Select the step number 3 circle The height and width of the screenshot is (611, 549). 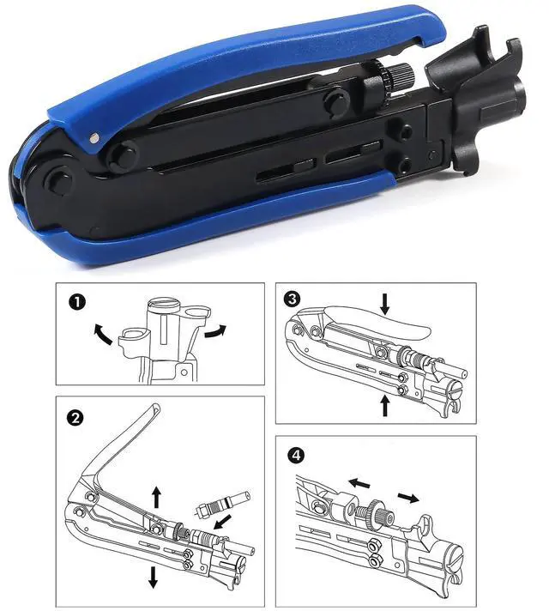point(294,299)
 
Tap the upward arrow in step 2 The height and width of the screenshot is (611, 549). point(156,494)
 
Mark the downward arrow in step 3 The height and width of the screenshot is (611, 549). point(384,303)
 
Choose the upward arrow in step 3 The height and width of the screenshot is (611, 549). point(384,404)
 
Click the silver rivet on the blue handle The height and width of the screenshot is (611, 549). point(93,135)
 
